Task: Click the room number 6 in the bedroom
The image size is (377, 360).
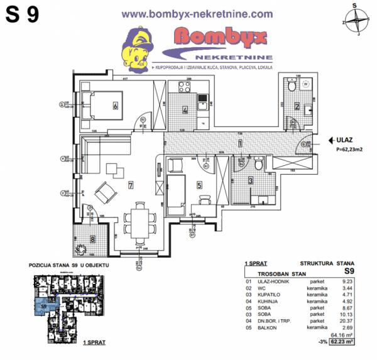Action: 116,106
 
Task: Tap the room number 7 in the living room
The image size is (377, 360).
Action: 130,185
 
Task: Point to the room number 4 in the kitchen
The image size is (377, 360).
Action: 185,110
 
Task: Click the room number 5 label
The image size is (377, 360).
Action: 199,185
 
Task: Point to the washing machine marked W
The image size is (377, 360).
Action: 306,84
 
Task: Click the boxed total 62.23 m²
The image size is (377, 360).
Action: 342,342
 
